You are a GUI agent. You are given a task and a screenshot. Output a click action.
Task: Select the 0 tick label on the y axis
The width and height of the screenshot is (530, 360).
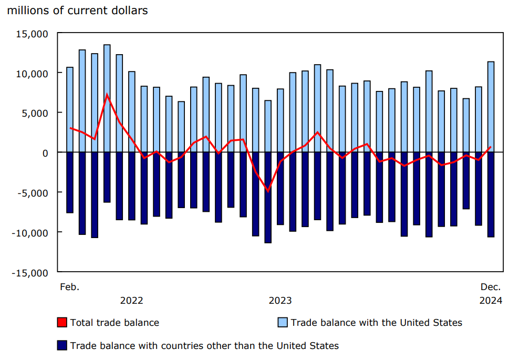(x=45, y=152)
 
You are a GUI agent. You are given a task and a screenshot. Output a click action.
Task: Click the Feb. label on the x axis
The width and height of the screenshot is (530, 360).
(x=69, y=287)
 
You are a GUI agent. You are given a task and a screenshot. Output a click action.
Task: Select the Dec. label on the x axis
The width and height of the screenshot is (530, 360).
(x=491, y=287)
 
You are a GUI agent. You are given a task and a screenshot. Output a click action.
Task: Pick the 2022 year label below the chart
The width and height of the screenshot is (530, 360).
(x=131, y=301)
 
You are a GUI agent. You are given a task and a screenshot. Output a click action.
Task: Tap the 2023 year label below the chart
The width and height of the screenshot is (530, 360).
(x=280, y=301)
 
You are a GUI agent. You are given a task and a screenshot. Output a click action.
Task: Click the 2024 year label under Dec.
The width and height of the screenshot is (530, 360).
(x=491, y=301)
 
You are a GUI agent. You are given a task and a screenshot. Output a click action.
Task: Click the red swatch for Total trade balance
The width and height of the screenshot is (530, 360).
(x=62, y=322)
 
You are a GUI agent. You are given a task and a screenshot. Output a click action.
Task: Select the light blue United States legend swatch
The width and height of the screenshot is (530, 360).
(x=283, y=322)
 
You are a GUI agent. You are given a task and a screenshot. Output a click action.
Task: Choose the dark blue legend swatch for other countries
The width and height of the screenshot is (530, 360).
(x=62, y=345)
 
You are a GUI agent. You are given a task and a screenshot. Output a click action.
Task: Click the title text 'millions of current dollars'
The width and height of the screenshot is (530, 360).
(x=77, y=10)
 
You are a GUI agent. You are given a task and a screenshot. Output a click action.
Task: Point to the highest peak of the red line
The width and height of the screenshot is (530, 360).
(x=107, y=95)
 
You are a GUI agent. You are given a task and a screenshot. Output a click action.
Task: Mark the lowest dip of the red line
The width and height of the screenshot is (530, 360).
(x=268, y=191)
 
